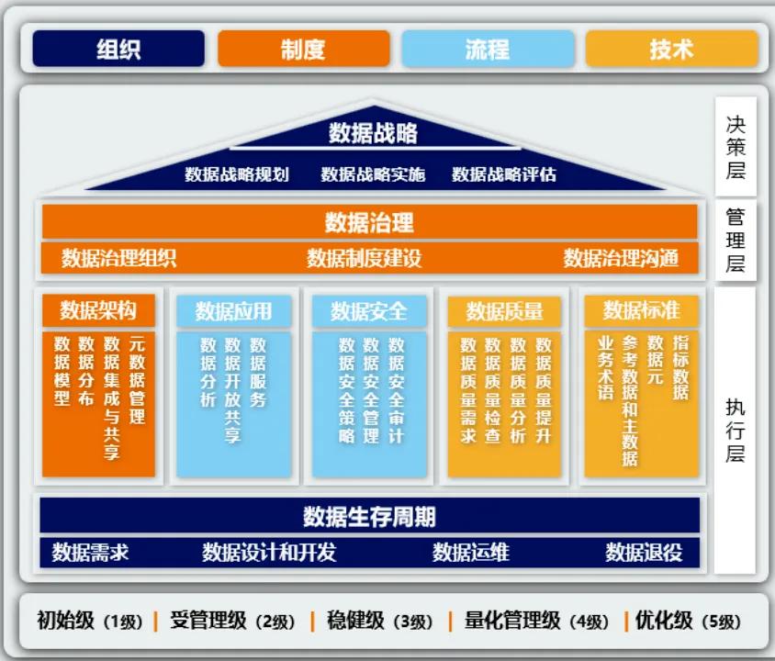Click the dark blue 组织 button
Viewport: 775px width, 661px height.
tap(118, 49)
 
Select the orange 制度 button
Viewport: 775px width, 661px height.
tap(303, 49)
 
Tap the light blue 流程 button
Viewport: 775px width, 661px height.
tap(488, 49)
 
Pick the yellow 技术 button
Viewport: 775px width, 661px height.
tap(672, 49)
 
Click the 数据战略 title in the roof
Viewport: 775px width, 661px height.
tap(373, 133)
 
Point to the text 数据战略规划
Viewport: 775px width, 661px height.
tap(237, 174)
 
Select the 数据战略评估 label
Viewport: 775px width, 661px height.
tap(503, 174)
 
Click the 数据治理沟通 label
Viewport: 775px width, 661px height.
tap(621, 258)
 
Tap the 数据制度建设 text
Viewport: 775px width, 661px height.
tap(364, 258)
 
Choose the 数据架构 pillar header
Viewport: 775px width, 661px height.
tap(98, 310)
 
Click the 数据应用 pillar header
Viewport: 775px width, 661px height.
tap(233, 311)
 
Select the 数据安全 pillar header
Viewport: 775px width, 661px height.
tap(369, 311)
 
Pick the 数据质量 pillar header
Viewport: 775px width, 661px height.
tap(504, 311)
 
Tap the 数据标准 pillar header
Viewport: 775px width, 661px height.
tap(641, 310)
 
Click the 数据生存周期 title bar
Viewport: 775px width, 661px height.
tap(370, 516)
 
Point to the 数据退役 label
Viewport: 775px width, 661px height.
tap(644, 552)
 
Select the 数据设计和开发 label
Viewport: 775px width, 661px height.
tap(269, 552)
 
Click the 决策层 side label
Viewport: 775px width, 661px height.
tap(736, 147)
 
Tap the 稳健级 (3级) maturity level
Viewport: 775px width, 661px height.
tap(379, 621)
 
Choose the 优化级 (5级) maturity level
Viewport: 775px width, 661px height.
tap(688, 621)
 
